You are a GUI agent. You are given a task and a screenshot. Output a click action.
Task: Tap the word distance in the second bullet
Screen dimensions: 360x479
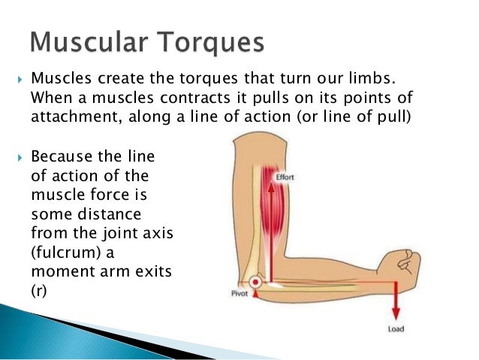click(x=110, y=214)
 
